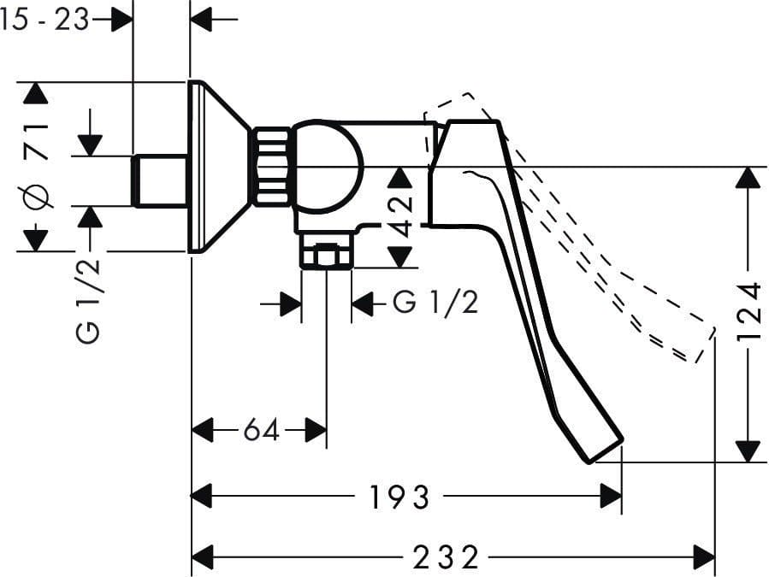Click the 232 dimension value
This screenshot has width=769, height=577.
(446, 557)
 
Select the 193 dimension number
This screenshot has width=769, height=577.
(399, 498)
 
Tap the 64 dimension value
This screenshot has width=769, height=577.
(262, 431)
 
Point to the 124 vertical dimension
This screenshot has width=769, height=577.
(750, 311)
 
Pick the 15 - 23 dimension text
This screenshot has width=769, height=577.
(44, 21)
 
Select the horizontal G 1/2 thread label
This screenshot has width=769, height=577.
(435, 303)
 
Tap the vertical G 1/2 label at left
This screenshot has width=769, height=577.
(88, 301)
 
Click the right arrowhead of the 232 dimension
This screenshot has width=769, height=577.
(704, 556)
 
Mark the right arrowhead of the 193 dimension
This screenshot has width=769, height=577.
(611, 496)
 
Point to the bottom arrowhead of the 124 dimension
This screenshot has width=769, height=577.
(748, 451)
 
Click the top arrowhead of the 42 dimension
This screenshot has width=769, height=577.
(400, 178)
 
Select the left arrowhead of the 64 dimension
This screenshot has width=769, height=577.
(202, 431)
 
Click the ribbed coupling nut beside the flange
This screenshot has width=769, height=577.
(272, 167)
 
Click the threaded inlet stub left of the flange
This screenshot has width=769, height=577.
(160, 181)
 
